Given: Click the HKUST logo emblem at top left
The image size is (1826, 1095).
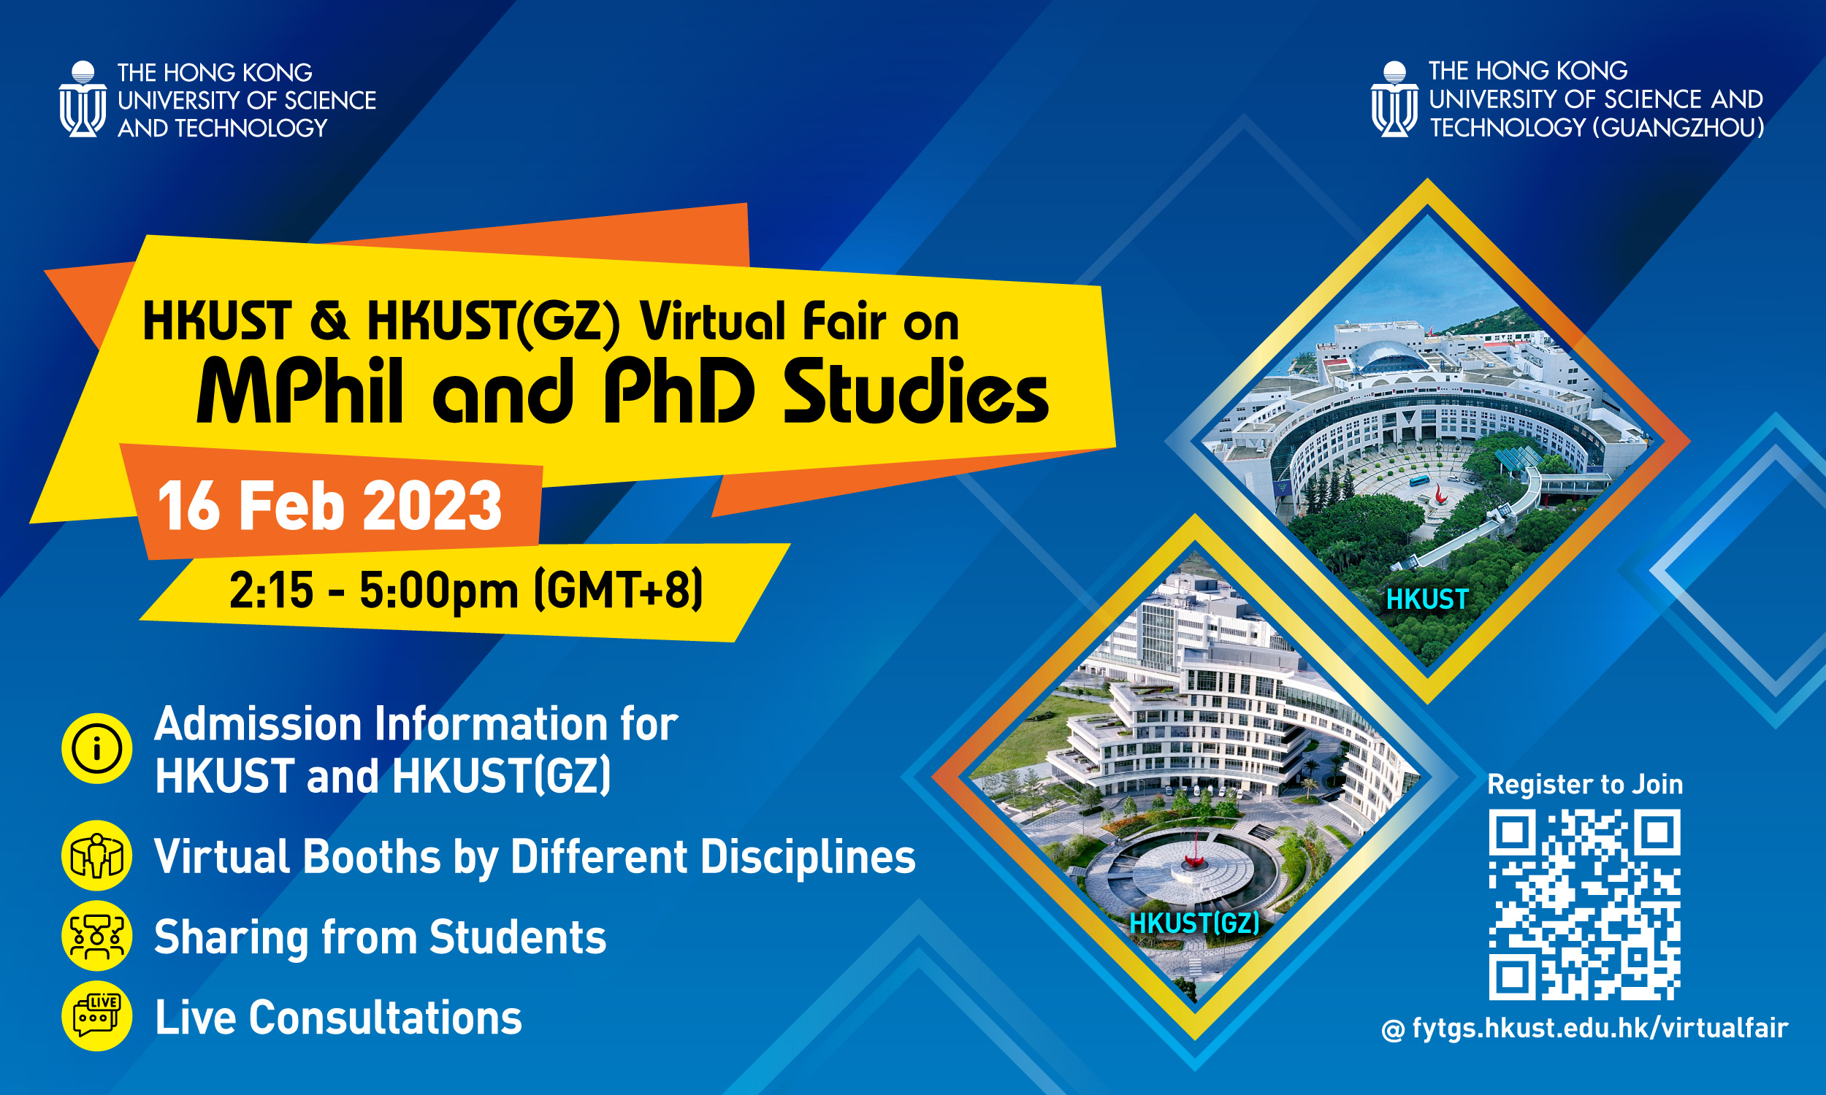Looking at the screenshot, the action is click(83, 99).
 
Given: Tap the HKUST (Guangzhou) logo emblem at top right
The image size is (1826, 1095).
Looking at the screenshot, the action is click(1394, 99).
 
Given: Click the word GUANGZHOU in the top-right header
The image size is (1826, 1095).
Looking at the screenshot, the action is click(1678, 128).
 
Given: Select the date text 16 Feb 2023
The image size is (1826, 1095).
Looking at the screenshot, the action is click(330, 505).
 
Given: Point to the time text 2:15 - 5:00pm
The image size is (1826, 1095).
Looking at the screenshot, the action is click(374, 591).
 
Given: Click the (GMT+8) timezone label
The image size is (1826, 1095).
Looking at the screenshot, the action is click(618, 591).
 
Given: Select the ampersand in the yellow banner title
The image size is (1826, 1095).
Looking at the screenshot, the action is click(329, 322).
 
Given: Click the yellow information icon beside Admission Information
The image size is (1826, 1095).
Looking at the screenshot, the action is click(96, 748).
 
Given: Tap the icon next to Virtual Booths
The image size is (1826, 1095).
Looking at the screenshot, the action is click(96, 856).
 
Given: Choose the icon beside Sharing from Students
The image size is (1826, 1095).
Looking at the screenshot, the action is click(96, 936).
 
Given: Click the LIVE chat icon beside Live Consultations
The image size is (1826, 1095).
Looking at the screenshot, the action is click(96, 1016).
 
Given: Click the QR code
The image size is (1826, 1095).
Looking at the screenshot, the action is click(1585, 904).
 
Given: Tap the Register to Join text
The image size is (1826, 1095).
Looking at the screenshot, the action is click(1586, 784).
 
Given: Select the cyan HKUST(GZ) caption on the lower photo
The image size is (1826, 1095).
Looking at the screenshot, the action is click(1194, 923).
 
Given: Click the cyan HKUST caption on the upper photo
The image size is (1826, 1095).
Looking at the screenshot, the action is click(1427, 599).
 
